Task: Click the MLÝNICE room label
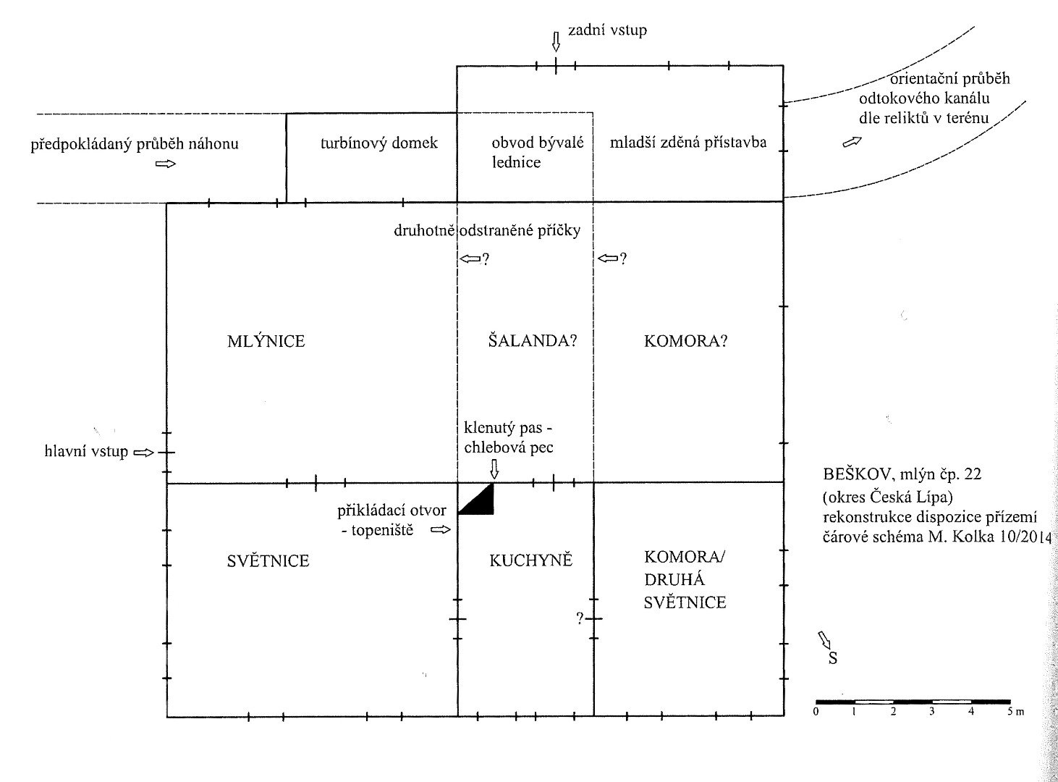(x=266, y=341)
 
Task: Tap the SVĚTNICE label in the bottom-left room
(x=268, y=560)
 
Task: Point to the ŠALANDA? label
(x=533, y=341)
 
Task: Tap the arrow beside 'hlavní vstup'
(x=145, y=453)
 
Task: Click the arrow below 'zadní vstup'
(x=555, y=41)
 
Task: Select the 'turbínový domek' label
(x=379, y=143)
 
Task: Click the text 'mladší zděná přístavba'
(x=687, y=143)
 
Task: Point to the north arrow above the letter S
(x=825, y=639)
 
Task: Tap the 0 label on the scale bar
(x=816, y=712)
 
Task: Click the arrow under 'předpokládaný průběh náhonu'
(x=166, y=164)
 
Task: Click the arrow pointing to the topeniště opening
(x=440, y=530)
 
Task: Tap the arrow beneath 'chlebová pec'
(x=495, y=468)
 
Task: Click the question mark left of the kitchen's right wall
(x=579, y=618)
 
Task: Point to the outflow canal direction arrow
(x=852, y=142)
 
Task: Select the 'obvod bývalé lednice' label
(x=537, y=152)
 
